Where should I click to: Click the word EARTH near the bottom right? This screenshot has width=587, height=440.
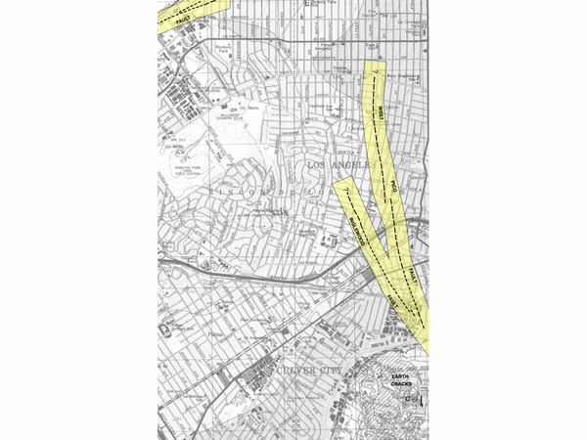tap(402, 377)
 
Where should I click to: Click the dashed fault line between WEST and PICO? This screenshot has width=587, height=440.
tap(384, 147)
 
